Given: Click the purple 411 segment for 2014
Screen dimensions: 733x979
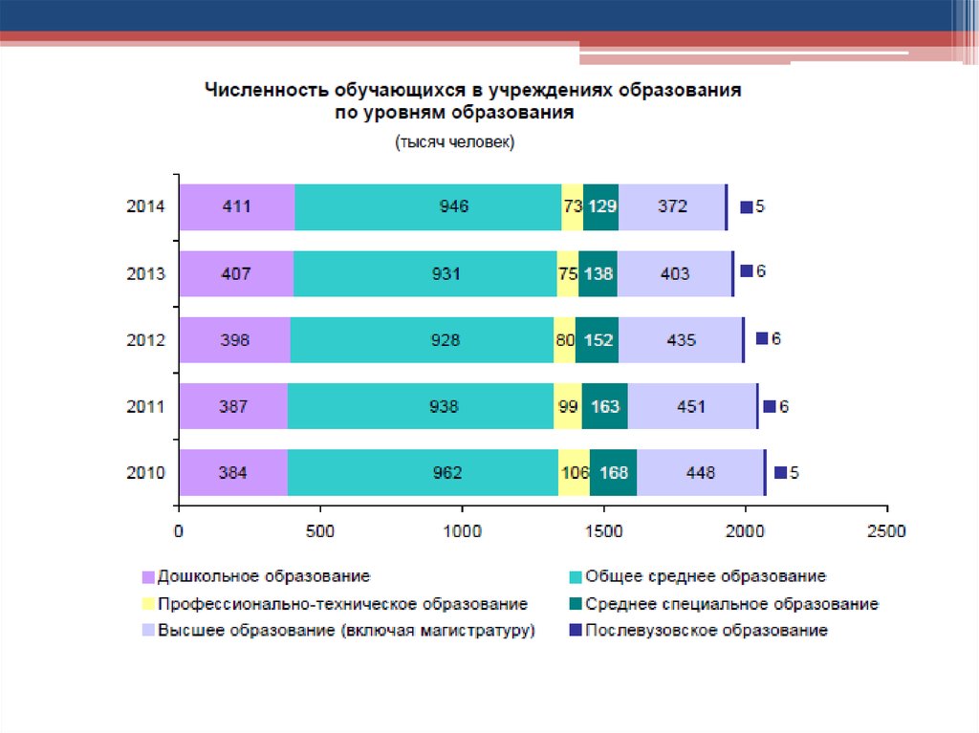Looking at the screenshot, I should tap(236, 206).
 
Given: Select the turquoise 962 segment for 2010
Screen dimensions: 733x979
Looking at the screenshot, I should tap(423, 472).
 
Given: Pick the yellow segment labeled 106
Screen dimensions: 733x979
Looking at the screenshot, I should tap(574, 472).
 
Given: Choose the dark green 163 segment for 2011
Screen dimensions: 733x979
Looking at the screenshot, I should tap(604, 406).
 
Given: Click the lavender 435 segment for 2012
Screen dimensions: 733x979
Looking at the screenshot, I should tap(682, 339).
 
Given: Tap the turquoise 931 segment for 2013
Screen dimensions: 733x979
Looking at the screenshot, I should tap(424, 273).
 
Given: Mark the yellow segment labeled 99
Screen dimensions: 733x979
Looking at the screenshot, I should tap(568, 406).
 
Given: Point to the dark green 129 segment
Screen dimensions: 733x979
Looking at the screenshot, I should tap(600, 206).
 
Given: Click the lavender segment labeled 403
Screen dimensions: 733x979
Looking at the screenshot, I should tap(675, 273).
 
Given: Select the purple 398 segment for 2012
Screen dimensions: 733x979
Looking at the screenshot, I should tap(234, 339).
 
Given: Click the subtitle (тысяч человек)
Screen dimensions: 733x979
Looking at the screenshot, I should tap(453, 142).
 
